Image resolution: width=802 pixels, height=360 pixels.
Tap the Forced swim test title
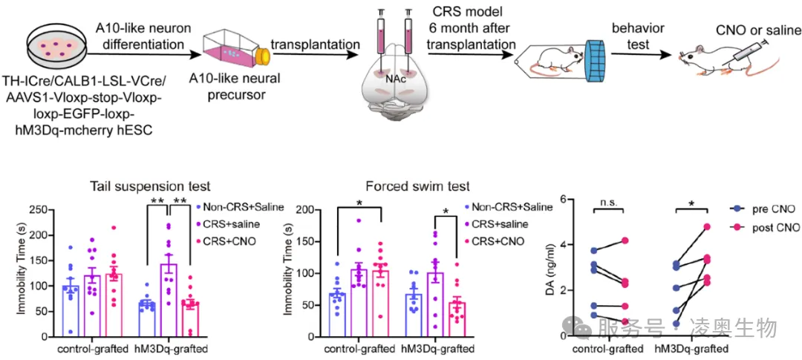[418, 186]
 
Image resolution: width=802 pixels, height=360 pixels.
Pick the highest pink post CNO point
[707, 226]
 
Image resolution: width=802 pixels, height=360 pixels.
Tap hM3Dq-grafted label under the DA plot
[691, 348]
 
